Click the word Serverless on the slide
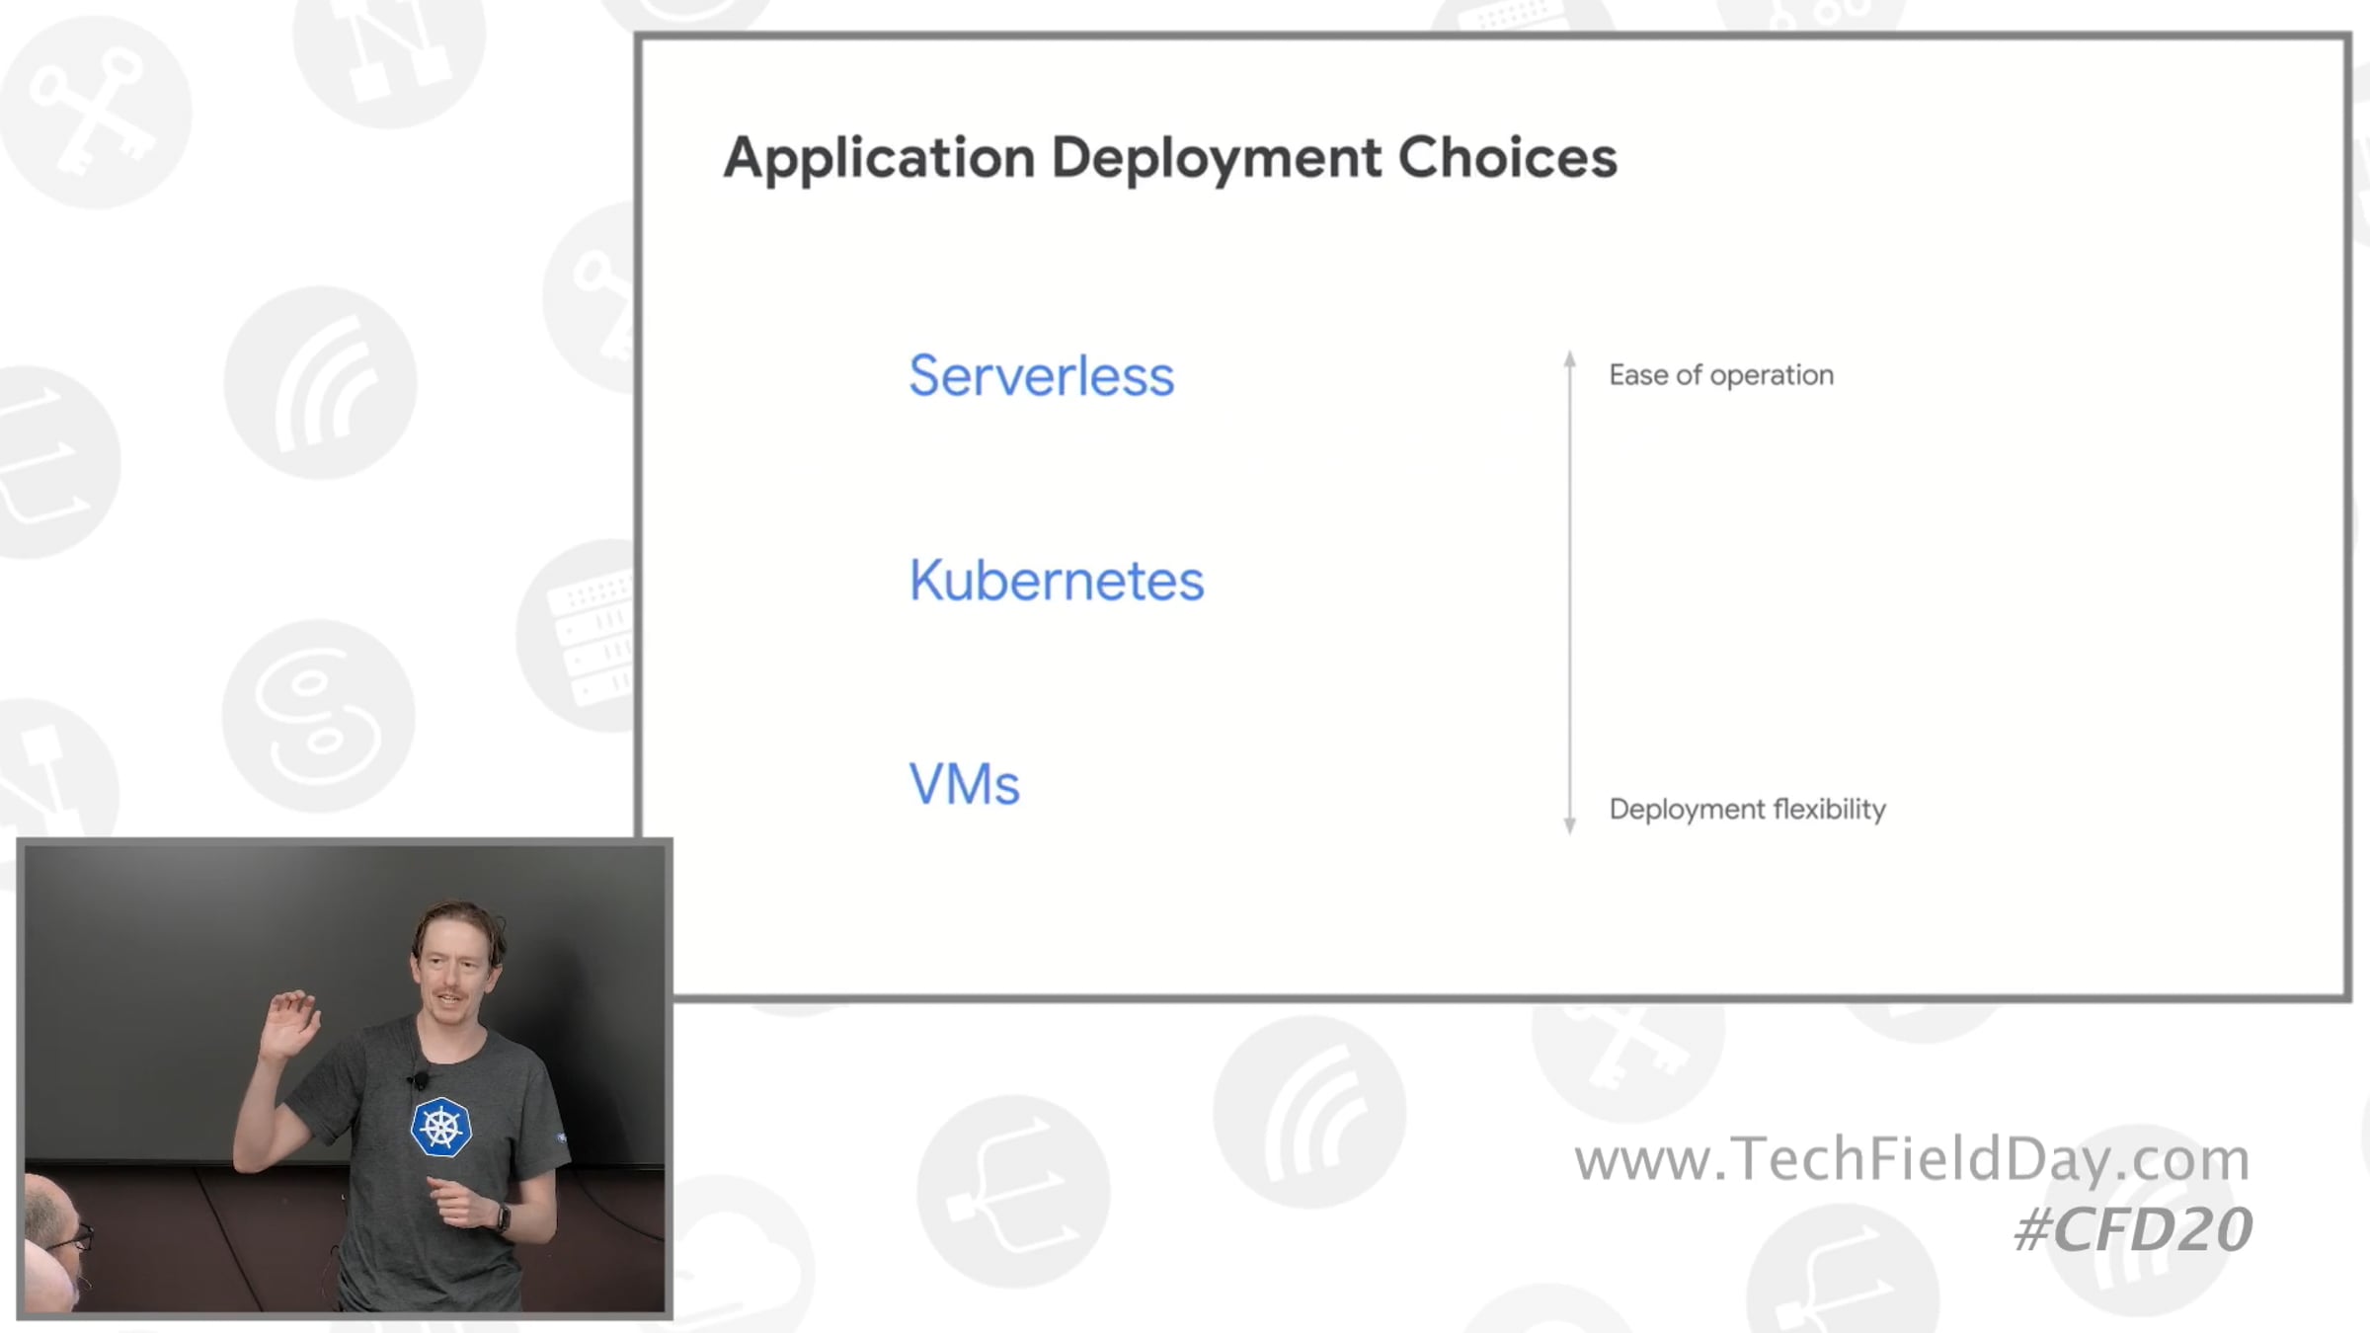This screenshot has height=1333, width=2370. tap(1041, 376)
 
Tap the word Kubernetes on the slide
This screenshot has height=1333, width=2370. tap(1057, 580)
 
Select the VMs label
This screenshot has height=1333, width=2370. tap(964, 784)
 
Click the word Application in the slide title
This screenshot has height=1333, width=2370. tap(879, 158)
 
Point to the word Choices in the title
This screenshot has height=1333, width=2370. tap(1507, 157)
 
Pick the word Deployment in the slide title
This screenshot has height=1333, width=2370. tap(1216, 159)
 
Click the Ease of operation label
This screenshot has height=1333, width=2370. tap(1721, 375)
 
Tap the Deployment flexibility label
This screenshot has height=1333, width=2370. tap(1748, 810)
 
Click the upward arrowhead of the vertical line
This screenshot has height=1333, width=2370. tap(1570, 358)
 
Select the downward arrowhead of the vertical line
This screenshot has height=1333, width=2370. tap(1570, 825)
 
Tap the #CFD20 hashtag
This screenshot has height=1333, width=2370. tap(2133, 1230)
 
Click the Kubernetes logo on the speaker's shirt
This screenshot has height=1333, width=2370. tap(440, 1127)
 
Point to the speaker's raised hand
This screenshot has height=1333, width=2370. tap(292, 1023)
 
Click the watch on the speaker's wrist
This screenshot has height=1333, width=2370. tap(503, 1217)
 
